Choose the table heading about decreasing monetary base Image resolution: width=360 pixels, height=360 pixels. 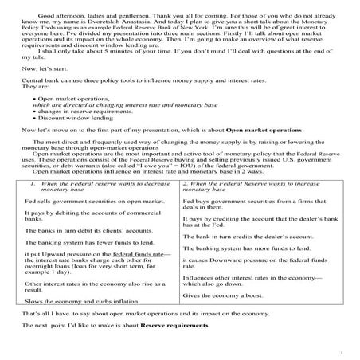(x=96, y=209)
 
